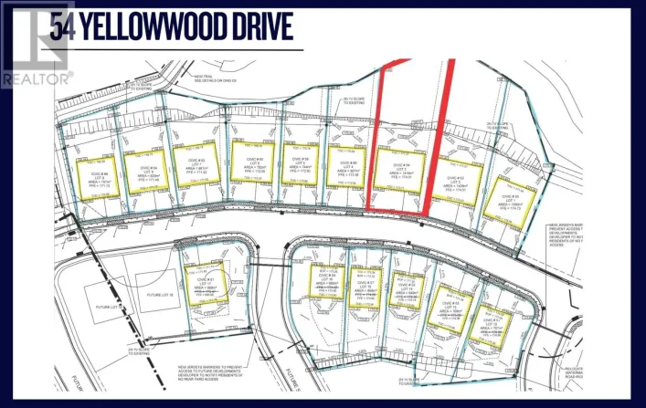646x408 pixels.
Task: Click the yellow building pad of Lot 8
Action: click(148, 170)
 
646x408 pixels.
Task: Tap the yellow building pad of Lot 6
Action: click(252, 162)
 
